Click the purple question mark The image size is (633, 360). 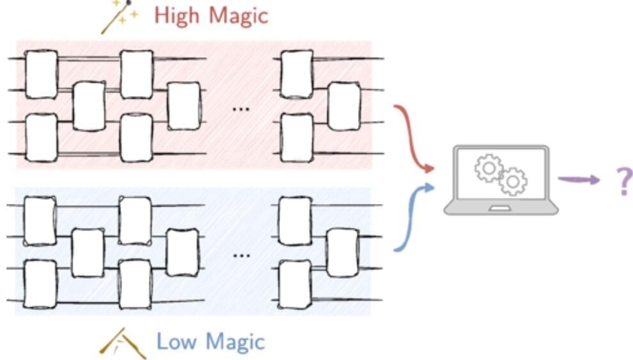(x=623, y=181)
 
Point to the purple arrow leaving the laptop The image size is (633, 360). (x=579, y=180)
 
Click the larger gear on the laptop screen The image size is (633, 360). (x=512, y=182)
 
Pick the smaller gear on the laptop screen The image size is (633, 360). (x=488, y=168)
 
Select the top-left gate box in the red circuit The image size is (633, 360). (x=42, y=74)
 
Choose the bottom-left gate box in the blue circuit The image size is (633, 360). (x=40, y=284)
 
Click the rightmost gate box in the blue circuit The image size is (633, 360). (x=342, y=253)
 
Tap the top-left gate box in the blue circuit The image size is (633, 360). (x=40, y=221)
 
